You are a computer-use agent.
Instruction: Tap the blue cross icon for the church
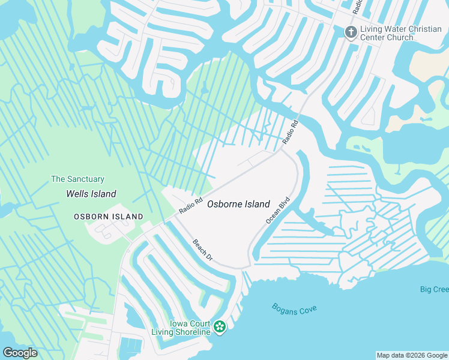tap(351, 31)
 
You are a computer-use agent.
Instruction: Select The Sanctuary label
tap(77, 179)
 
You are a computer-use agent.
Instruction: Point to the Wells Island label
tap(91, 194)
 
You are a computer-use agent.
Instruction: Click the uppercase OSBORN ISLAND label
tap(109, 217)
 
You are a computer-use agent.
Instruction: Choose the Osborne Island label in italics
tap(238, 204)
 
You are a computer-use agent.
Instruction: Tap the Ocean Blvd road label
tap(278, 211)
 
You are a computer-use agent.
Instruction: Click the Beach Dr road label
tap(203, 250)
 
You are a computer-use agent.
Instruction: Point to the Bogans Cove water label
tap(294, 310)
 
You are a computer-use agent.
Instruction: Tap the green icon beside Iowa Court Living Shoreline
tap(220, 326)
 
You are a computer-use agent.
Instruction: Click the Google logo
tap(20, 353)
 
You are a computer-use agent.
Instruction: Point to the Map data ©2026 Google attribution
tap(412, 355)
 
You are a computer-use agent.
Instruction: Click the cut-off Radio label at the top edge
tap(358, 7)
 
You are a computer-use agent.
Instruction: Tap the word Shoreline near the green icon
tap(191, 332)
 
